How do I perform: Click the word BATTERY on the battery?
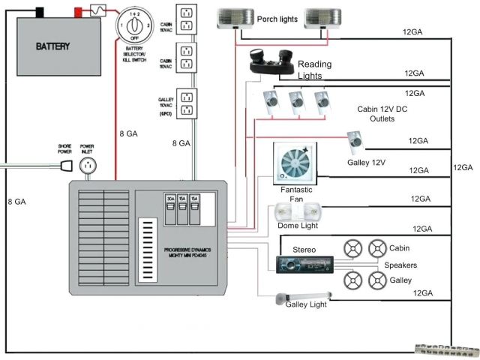(x=54, y=46)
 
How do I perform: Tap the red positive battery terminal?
(x=77, y=11)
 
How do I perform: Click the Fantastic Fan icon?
(x=295, y=162)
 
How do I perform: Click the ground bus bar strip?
(x=446, y=348)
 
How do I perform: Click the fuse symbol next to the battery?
(x=97, y=10)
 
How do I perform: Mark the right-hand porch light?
(x=323, y=19)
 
